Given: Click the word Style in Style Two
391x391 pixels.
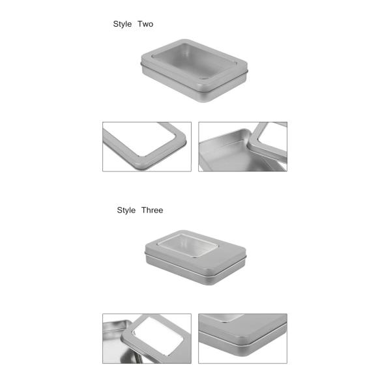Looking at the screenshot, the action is [x=123, y=24].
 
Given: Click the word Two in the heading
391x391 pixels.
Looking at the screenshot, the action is [x=145, y=24].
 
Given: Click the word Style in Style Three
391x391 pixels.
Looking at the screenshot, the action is [x=126, y=210].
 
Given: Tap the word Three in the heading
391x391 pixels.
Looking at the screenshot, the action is [x=152, y=210].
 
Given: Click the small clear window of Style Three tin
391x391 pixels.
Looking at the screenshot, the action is [x=189, y=245].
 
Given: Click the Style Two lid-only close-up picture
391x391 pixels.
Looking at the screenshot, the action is [x=147, y=147].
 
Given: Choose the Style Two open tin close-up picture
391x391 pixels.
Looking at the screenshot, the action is [x=242, y=147].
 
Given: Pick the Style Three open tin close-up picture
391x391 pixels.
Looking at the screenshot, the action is [x=147, y=338].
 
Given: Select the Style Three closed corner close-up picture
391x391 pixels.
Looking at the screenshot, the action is [x=242, y=338].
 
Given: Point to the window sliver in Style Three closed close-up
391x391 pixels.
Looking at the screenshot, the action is [x=222, y=318].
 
